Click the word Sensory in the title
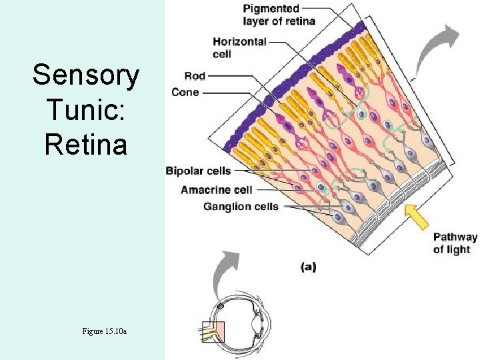(85, 75)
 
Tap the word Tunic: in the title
(85, 109)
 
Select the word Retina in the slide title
(85, 144)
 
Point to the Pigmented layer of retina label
(279, 15)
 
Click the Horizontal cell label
(239, 47)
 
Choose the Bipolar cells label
(198, 171)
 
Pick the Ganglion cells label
(241, 207)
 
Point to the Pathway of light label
(455, 243)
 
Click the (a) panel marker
(308, 267)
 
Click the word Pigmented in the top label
(271, 9)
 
